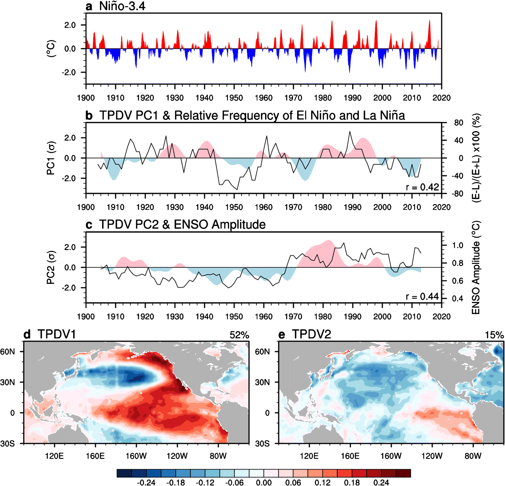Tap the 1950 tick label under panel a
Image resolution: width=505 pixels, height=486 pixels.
click(x=234, y=98)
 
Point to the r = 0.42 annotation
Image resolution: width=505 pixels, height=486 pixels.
click(x=422, y=187)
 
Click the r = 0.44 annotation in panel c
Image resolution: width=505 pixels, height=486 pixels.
click(x=422, y=297)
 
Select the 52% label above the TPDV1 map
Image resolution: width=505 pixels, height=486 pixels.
click(x=239, y=335)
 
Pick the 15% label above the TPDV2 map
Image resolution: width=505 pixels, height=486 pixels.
click(x=494, y=335)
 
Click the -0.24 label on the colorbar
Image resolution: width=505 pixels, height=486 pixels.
click(x=146, y=482)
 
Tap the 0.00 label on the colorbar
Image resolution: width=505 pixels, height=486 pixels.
click(x=264, y=482)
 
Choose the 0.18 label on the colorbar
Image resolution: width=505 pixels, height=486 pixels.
click(x=352, y=482)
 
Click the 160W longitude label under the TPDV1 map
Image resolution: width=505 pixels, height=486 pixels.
click(x=136, y=456)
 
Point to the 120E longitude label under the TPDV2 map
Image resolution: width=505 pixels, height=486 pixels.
click(x=309, y=456)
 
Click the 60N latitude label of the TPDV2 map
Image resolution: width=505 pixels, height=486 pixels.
click(x=262, y=351)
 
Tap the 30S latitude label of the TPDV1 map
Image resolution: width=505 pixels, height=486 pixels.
click(x=7, y=444)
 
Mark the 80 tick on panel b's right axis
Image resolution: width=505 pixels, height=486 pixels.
click(x=459, y=123)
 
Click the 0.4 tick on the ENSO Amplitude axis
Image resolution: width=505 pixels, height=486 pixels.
click(x=457, y=298)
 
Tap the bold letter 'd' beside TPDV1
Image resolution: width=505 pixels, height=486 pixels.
click(x=27, y=334)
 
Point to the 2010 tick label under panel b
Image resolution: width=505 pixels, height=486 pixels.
click(x=412, y=207)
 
